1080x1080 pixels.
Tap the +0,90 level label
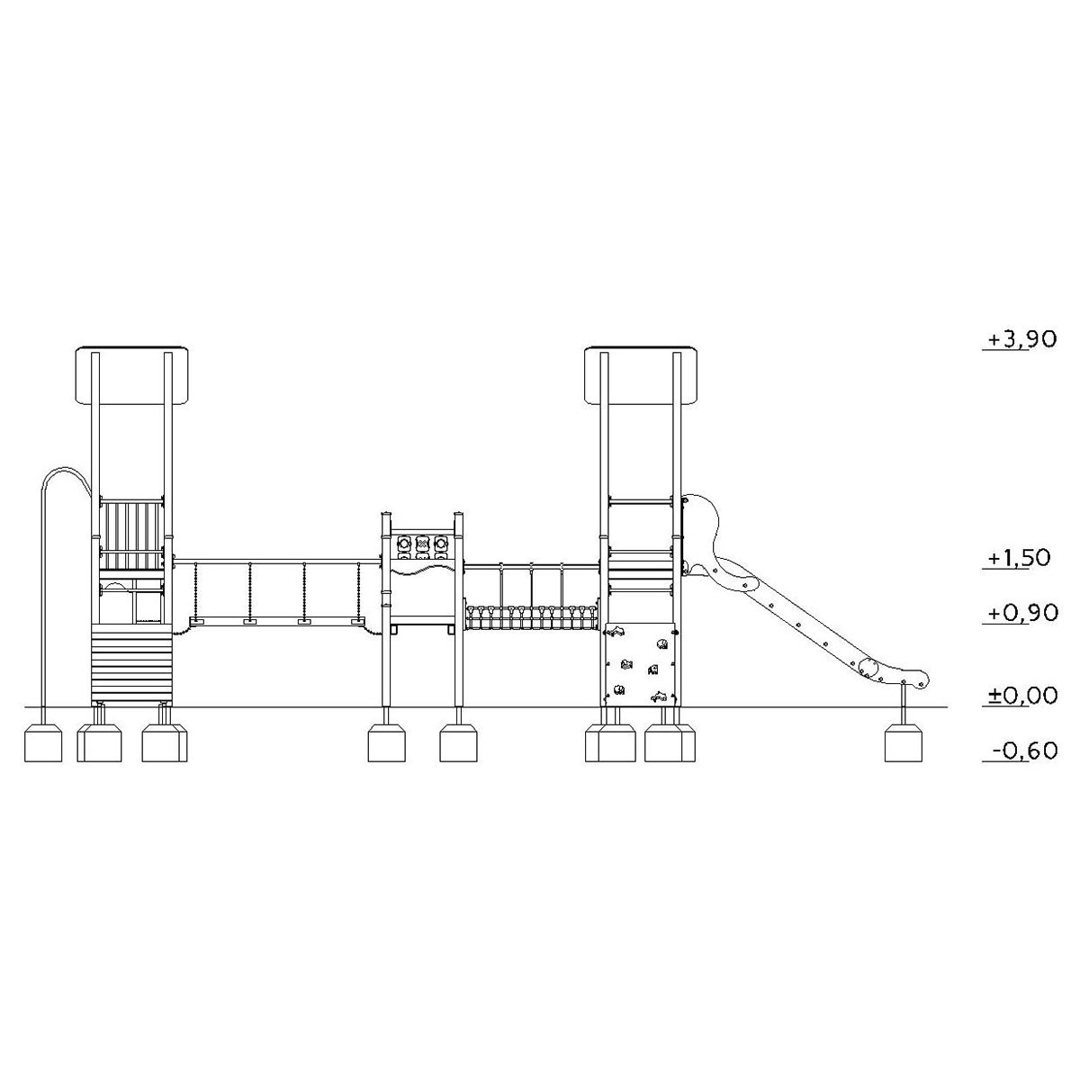(1022, 613)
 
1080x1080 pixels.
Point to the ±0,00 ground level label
(1022, 695)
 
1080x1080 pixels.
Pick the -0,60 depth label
(1024, 750)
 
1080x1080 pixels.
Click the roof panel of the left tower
(132, 375)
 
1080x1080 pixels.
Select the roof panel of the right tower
(641, 375)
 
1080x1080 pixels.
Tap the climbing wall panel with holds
(641, 664)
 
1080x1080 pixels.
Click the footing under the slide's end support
(904, 742)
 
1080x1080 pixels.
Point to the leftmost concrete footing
(43, 742)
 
